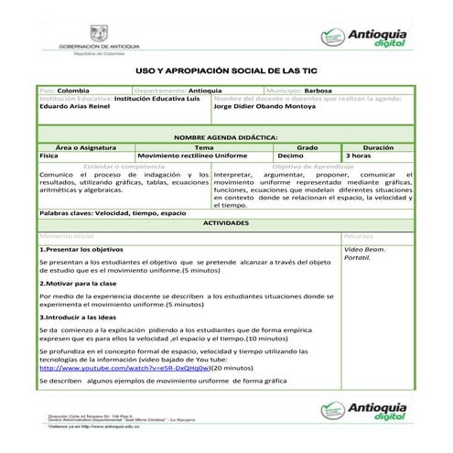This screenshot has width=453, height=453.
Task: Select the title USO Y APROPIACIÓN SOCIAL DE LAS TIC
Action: coord(226,70)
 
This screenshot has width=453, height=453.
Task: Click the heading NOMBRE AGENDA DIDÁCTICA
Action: coord(226,135)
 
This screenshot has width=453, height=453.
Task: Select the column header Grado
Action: coord(307,146)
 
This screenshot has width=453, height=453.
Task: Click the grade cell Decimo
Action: coord(290,156)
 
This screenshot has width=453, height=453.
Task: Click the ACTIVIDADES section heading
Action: coord(226,222)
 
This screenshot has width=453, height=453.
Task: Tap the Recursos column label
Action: coord(360,235)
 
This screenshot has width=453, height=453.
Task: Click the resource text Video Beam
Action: coord(363,249)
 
